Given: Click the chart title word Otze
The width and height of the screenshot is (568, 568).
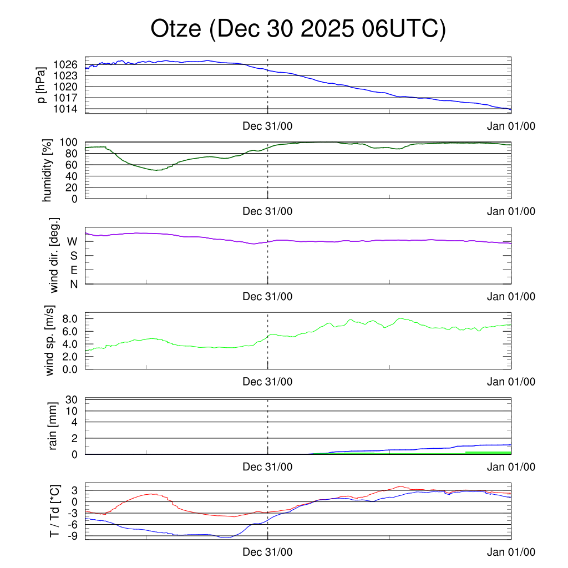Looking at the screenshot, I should (x=176, y=29).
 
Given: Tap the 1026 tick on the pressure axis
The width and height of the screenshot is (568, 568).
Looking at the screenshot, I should (x=67, y=65).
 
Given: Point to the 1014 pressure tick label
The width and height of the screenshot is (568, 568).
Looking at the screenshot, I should (x=67, y=109).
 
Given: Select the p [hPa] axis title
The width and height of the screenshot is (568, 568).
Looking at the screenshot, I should (x=41, y=85).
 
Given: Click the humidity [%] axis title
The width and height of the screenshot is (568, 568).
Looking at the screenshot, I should (x=47, y=170).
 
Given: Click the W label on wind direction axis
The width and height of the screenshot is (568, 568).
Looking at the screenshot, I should (x=72, y=241).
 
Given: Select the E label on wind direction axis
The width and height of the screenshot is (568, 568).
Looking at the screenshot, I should (x=74, y=270).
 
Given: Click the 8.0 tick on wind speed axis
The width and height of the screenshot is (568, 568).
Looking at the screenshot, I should (x=70, y=318).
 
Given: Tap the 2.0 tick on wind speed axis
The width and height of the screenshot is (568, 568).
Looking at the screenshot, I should (x=70, y=356).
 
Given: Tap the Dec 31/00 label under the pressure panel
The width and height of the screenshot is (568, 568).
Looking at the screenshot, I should (x=267, y=126).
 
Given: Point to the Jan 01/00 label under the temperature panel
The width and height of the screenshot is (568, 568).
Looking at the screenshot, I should (x=511, y=552).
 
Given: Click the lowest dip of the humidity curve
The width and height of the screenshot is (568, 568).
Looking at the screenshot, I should (x=158, y=170).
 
